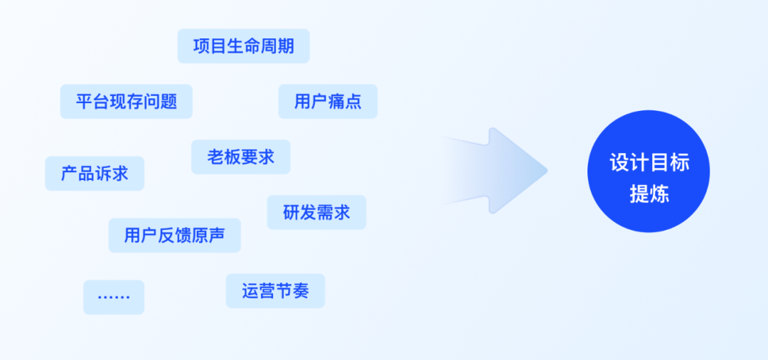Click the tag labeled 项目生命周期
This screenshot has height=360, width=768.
pos(243,46)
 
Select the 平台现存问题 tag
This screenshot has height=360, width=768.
pos(126,102)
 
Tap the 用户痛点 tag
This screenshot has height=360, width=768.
pos(328,102)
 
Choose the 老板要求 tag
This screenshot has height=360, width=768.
pos(240,157)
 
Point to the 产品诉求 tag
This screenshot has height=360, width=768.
pos(95,174)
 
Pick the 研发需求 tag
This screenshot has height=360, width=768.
pos(316,213)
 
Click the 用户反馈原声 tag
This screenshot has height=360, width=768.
pos(174,235)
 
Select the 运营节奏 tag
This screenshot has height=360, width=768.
pos(275,291)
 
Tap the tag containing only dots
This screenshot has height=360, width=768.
pos(114,297)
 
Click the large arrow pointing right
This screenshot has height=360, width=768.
pos(498,171)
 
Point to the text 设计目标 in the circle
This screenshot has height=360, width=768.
pos(649,162)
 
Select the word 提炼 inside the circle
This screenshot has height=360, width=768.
pos(649,194)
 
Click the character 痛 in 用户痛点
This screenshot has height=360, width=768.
pos(336,102)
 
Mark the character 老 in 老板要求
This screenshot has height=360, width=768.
pos(215,157)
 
